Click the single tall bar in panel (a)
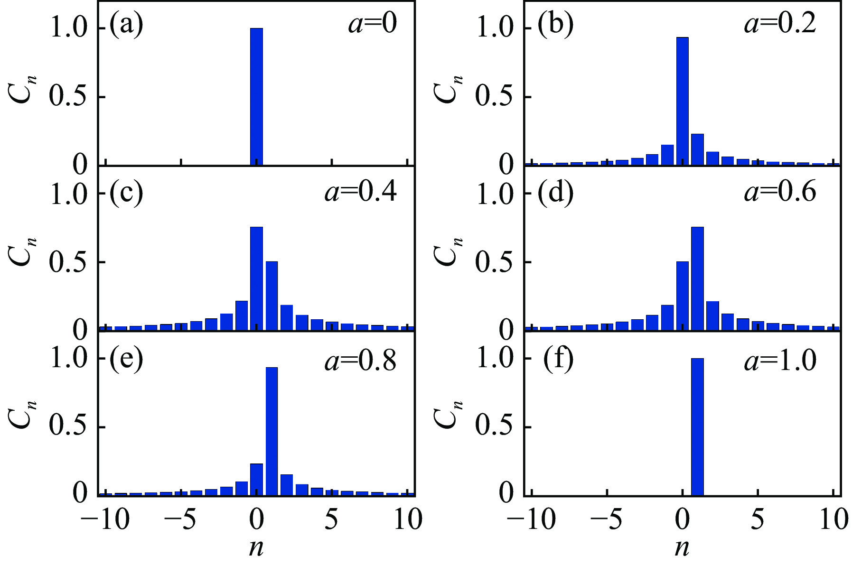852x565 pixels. [256, 96]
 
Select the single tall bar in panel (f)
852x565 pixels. [697, 427]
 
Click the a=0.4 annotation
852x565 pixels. [361, 193]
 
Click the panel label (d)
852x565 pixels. [555, 194]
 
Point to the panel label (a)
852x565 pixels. [126, 26]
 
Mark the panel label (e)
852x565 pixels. [126, 360]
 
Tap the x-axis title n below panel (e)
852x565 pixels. [256, 548]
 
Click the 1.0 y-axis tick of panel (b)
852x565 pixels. [494, 28]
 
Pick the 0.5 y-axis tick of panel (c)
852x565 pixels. [68, 262]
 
